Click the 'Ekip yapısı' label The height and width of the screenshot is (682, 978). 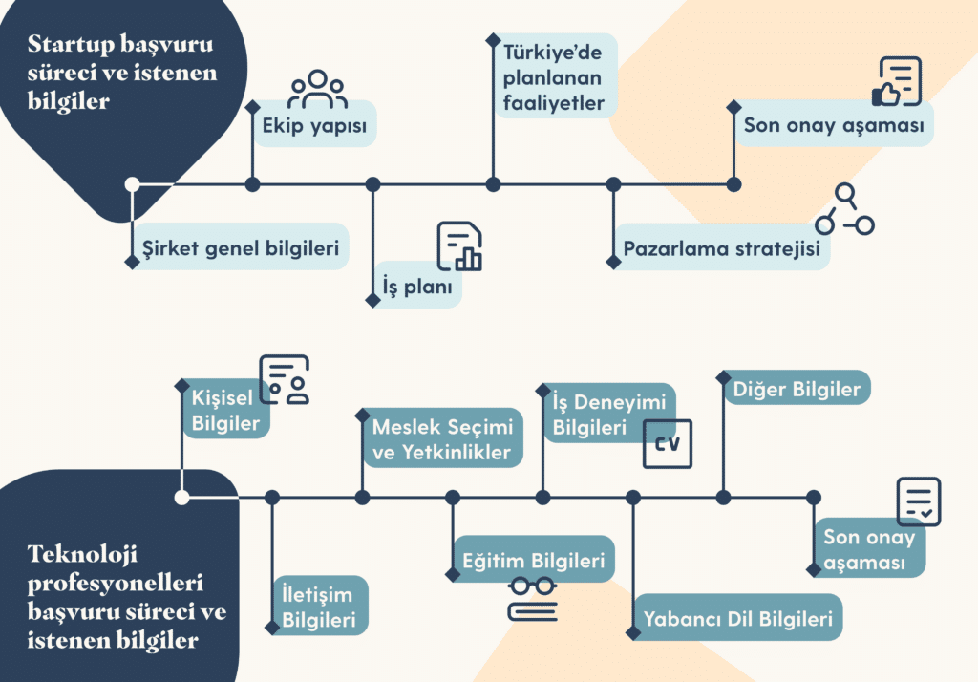[314, 125]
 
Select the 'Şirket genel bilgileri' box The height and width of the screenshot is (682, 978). [241, 248]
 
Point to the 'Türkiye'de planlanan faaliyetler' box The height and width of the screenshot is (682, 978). [554, 75]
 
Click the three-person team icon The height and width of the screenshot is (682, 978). [317, 89]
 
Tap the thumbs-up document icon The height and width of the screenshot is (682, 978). [898, 82]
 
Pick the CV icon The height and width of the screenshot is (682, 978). [668, 444]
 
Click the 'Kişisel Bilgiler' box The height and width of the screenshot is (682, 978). [226, 411]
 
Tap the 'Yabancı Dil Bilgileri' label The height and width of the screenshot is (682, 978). [737, 618]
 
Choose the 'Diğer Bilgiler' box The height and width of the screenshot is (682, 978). [797, 389]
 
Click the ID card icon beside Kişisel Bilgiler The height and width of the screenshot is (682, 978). [285, 380]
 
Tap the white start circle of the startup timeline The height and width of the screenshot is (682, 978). [133, 183]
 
